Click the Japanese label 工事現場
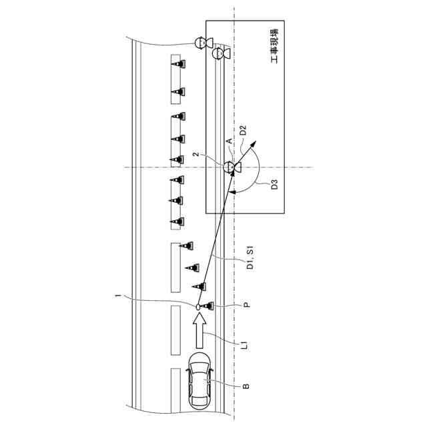point(275,47)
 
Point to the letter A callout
point(229,141)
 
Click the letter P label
point(246,306)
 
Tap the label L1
point(246,345)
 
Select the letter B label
point(246,385)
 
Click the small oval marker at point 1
point(198,306)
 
